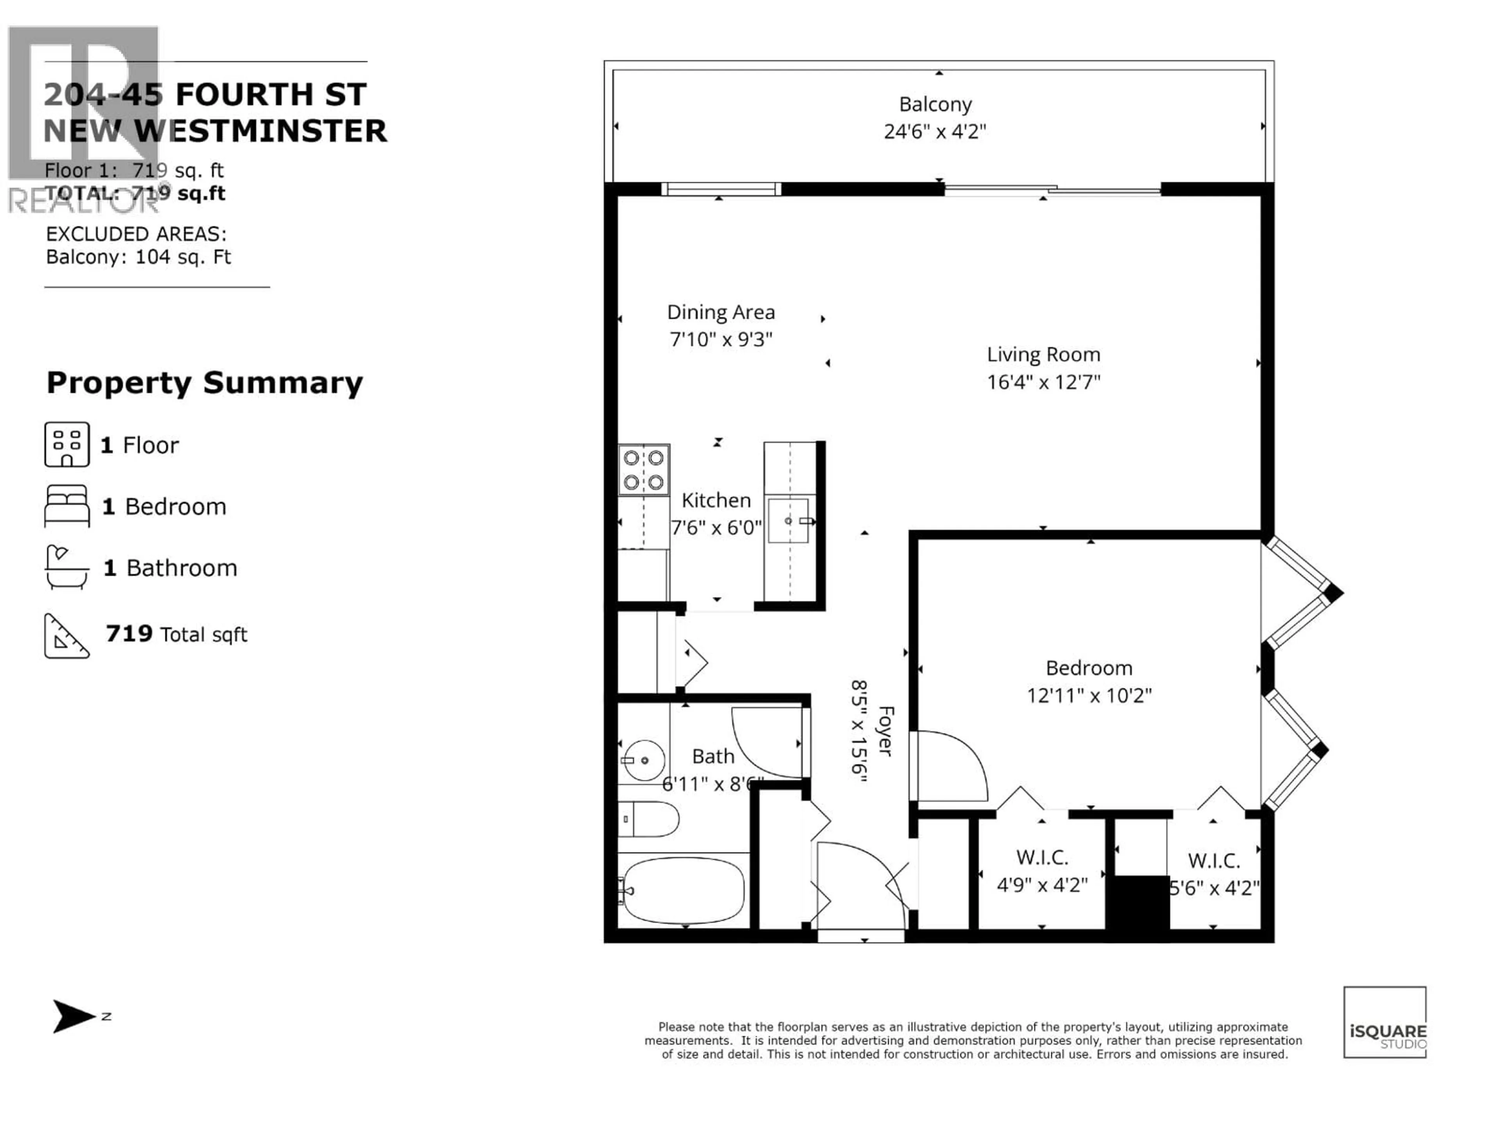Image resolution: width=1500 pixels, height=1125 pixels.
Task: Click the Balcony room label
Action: pos(935,104)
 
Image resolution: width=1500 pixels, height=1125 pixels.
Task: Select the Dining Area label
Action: pos(721,312)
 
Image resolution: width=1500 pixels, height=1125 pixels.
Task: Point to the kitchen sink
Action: pos(789,521)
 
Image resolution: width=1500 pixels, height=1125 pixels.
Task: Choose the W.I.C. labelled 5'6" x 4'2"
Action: pos(1214,875)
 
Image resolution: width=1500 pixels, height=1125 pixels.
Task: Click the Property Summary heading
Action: pos(205,383)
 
